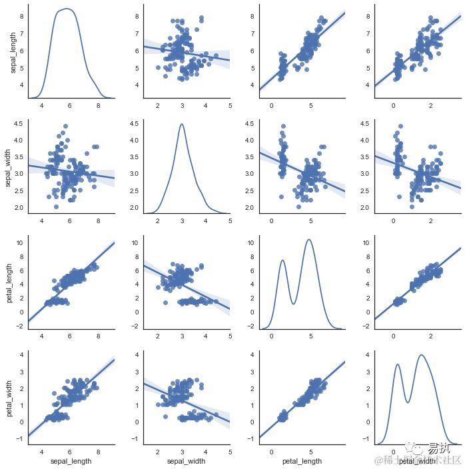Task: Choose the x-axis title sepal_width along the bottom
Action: (x=187, y=461)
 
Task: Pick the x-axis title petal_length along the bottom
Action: (x=302, y=461)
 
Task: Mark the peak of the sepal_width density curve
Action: (x=181, y=124)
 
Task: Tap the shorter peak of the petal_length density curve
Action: (x=282, y=260)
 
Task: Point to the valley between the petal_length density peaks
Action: (x=294, y=304)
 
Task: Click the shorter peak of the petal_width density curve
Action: (x=398, y=364)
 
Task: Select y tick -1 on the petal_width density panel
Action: (x=366, y=439)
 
